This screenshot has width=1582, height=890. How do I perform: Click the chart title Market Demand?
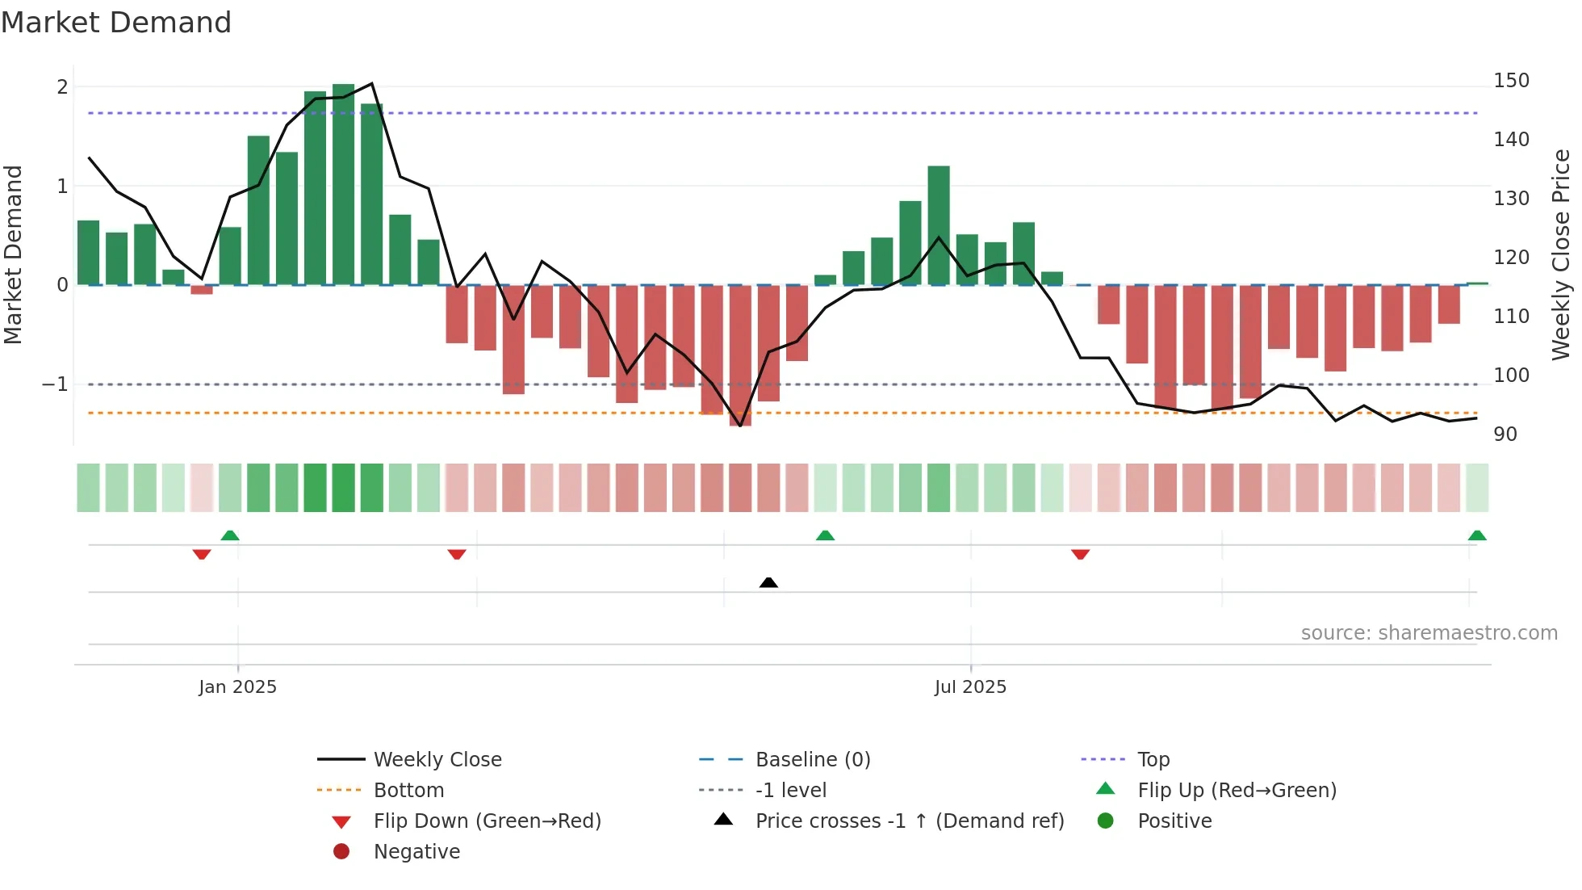(x=116, y=23)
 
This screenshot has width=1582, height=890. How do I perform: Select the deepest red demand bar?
(x=740, y=355)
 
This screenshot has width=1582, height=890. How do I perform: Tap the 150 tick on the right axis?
(x=1511, y=81)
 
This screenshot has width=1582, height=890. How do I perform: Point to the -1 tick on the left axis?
(x=56, y=384)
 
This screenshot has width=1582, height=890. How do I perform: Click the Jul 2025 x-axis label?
(x=970, y=687)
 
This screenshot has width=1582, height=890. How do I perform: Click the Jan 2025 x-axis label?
(x=237, y=687)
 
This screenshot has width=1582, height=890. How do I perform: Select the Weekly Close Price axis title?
(x=1561, y=254)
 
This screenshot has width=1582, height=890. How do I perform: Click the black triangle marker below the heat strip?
(x=768, y=582)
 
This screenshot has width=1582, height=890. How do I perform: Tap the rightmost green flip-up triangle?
(x=1477, y=535)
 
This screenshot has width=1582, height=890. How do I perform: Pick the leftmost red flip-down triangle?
(x=202, y=554)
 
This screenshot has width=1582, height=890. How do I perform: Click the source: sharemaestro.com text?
(x=1429, y=633)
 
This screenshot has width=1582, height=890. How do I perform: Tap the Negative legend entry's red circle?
(x=341, y=852)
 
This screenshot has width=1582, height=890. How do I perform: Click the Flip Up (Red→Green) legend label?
(x=1237, y=791)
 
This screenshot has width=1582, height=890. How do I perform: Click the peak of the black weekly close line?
(x=371, y=83)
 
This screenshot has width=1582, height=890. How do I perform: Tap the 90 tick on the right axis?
(x=1505, y=435)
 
